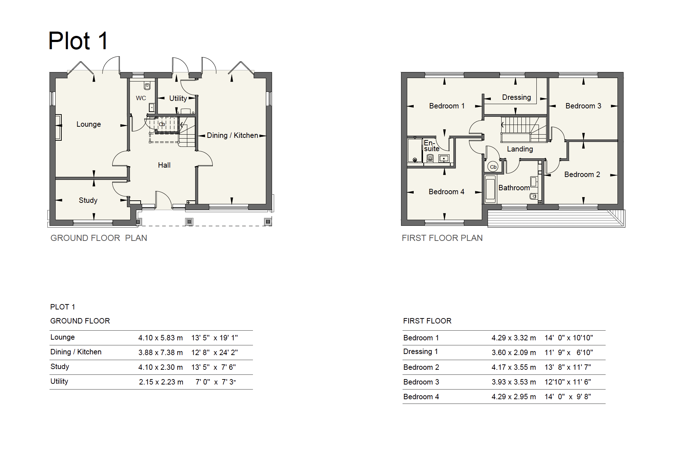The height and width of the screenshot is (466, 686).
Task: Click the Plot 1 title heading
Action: point(78,41)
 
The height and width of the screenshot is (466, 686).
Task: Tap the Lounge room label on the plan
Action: point(89,124)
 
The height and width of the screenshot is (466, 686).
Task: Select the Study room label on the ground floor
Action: point(88,200)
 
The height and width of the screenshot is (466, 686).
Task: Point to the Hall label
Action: point(164,165)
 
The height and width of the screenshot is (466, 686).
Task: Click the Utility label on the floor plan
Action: point(178,98)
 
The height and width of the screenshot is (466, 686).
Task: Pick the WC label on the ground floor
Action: point(141,98)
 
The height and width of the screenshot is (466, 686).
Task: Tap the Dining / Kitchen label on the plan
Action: point(232,135)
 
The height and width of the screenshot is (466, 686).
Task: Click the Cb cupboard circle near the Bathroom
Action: point(493,167)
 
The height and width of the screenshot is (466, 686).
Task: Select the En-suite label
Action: point(432,146)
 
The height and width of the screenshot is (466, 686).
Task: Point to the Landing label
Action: point(520,149)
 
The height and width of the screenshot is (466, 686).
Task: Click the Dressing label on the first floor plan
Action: point(517,97)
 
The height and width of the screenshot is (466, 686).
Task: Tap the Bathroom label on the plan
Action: point(514,188)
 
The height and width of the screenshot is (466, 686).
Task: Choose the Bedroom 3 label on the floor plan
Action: point(583,106)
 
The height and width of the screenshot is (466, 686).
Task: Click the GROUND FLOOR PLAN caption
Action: point(99,238)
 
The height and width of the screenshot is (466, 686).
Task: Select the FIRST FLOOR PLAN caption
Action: point(442,238)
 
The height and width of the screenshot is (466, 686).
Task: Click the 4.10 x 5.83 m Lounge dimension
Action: point(160,338)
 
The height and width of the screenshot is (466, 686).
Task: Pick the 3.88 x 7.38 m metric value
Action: point(160,353)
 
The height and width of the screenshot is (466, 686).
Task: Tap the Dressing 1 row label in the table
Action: point(420,351)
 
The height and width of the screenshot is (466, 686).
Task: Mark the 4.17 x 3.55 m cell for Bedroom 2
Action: point(514,367)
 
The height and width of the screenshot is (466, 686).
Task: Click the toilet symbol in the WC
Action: point(147,86)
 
